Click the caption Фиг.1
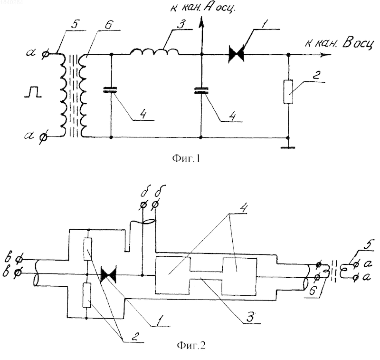(186, 159)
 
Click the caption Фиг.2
(191, 345)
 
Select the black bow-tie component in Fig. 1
(236, 55)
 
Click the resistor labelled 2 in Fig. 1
(288, 92)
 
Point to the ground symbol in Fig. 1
(288, 147)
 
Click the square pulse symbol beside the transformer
(33, 93)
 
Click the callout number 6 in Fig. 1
(108, 25)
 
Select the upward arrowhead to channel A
(201, 22)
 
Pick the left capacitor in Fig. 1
(111, 90)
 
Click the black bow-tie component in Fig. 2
(108, 275)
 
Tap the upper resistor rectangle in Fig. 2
(87, 249)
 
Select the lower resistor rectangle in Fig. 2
(87, 295)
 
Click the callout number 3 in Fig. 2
(250, 316)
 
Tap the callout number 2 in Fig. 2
(135, 337)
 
